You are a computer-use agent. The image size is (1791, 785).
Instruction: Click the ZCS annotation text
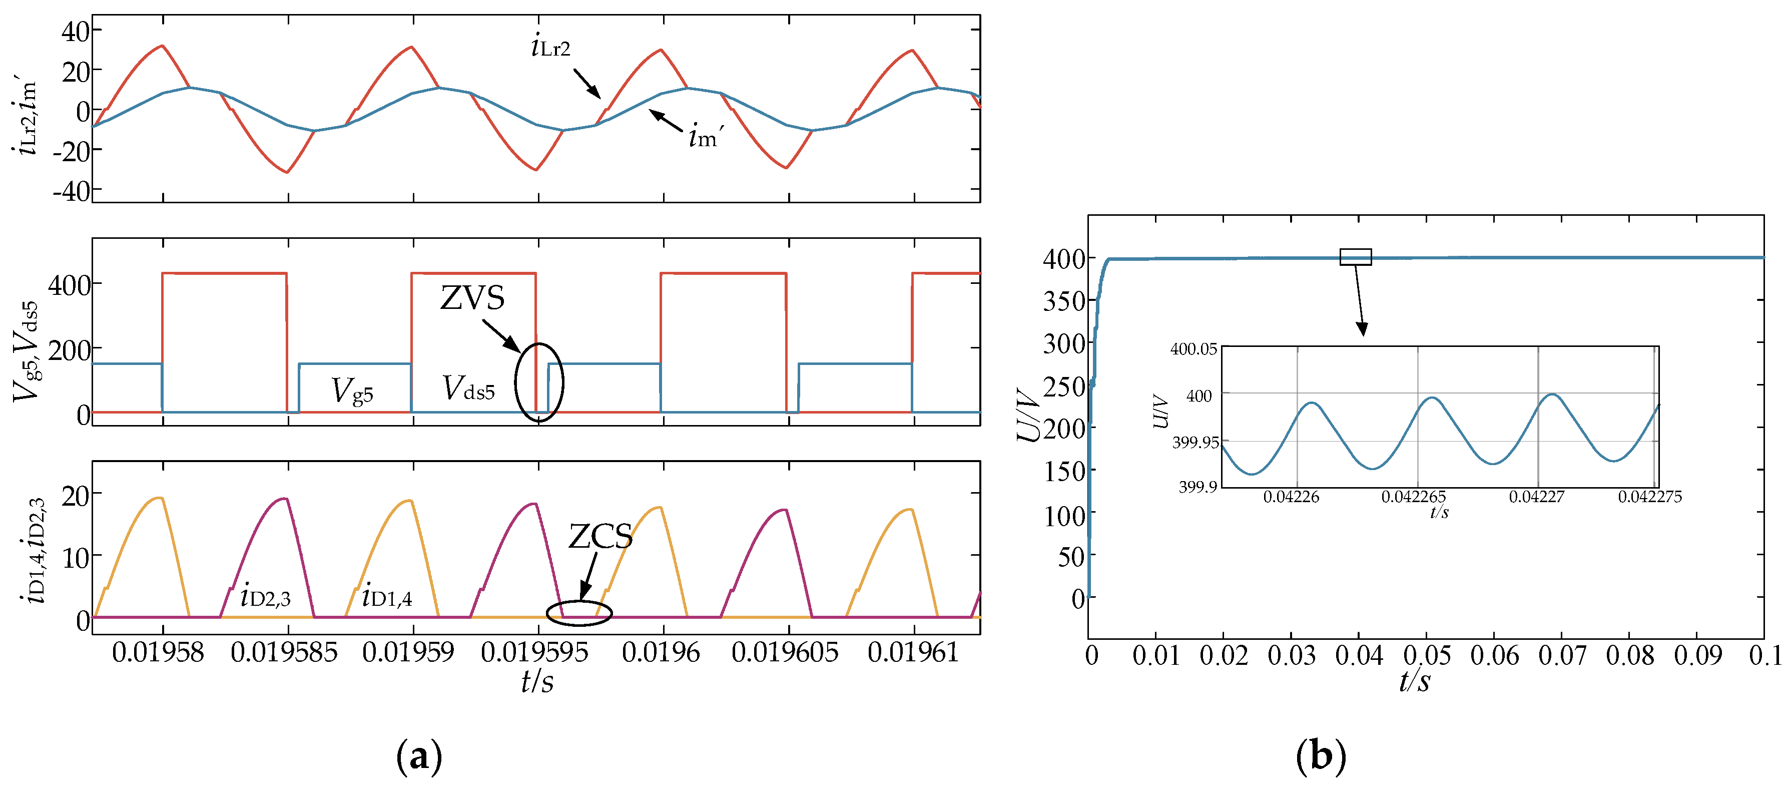(x=600, y=536)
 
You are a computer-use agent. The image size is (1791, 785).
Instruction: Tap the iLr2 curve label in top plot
(x=550, y=47)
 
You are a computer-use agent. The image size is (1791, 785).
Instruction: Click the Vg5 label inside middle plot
(x=352, y=391)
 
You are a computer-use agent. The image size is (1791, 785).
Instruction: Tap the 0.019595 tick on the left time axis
(x=534, y=652)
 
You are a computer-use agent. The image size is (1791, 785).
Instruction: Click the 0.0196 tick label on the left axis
(x=661, y=652)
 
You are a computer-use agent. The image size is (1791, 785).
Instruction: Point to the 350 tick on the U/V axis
(x=1064, y=301)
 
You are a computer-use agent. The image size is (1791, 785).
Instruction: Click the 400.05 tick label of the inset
(x=1193, y=349)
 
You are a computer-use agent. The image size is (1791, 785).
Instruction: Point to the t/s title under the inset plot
(x=1439, y=513)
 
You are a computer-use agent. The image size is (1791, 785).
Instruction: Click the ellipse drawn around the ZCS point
(x=578, y=613)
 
